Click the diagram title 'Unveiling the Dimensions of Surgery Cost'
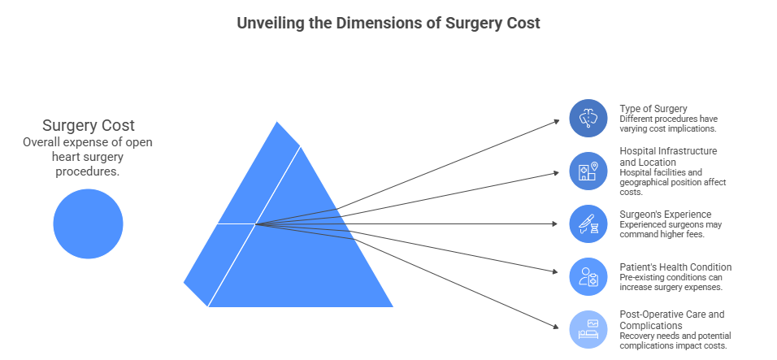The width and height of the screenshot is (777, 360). pyautogui.click(x=388, y=24)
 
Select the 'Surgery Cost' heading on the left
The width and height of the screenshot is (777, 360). pyautogui.click(x=88, y=126)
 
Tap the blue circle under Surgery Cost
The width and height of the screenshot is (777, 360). pyautogui.click(x=88, y=223)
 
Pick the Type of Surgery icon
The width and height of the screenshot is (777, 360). pyautogui.click(x=588, y=119)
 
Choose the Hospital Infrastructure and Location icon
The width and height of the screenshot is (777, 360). pyautogui.click(x=588, y=171)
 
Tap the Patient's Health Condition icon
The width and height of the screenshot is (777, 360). pyautogui.click(x=588, y=276)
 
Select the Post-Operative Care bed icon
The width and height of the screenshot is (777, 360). pyautogui.click(x=588, y=328)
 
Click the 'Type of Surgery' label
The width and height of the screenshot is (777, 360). pyautogui.click(x=653, y=108)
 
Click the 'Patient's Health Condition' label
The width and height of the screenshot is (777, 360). pyautogui.click(x=675, y=267)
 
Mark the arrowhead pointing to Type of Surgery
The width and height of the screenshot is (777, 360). pyautogui.click(x=558, y=120)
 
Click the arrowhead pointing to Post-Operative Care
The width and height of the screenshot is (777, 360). pyautogui.click(x=558, y=327)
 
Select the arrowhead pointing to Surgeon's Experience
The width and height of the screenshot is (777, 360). pyautogui.click(x=558, y=223)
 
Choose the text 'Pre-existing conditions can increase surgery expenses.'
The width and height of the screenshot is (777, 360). pyautogui.click(x=671, y=282)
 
